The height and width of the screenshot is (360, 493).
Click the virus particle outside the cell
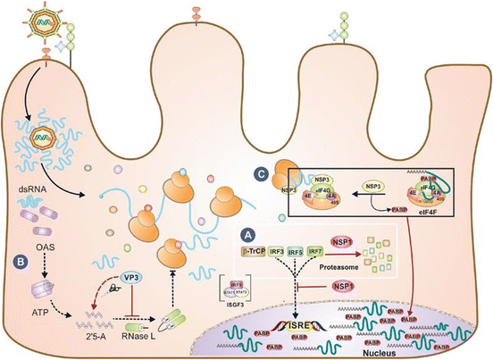[36, 25]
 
